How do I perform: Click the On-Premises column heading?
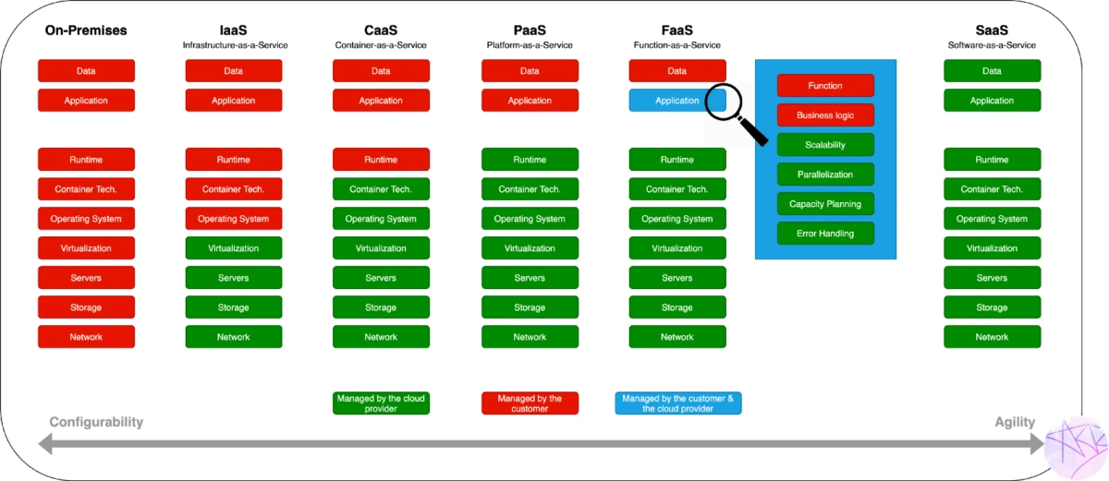point(86,30)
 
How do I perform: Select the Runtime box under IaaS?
point(234,160)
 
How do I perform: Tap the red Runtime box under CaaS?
point(381,160)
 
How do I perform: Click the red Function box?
point(825,86)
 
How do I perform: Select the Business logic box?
point(825,115)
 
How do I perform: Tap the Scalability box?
point(825,145)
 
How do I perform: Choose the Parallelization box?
point(825,174)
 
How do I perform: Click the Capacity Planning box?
point(825,204)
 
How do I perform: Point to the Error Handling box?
point(825,234)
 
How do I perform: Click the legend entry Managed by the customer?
point(530,403)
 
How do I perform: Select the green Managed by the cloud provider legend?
point(381,403)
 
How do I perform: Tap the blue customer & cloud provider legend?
point(677,403)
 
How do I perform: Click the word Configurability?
point(96,422)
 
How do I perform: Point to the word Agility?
point(1014,422)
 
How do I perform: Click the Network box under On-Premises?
point(86,337)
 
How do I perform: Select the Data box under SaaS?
point(992,71)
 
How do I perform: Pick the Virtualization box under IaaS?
point(234,248)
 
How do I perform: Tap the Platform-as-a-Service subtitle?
point(530,45)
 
